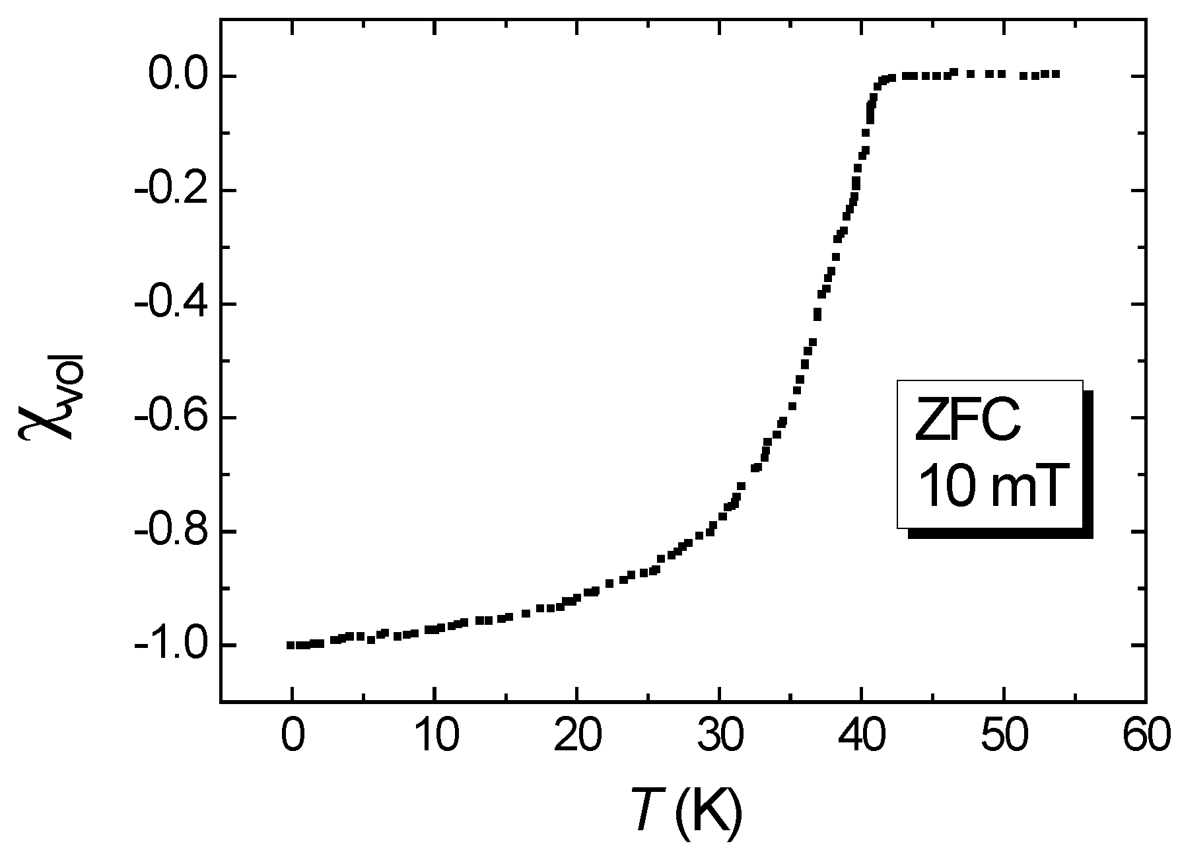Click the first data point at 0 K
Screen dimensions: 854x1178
click(290, 645)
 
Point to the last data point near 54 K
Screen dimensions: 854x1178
click(1057, 74)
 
